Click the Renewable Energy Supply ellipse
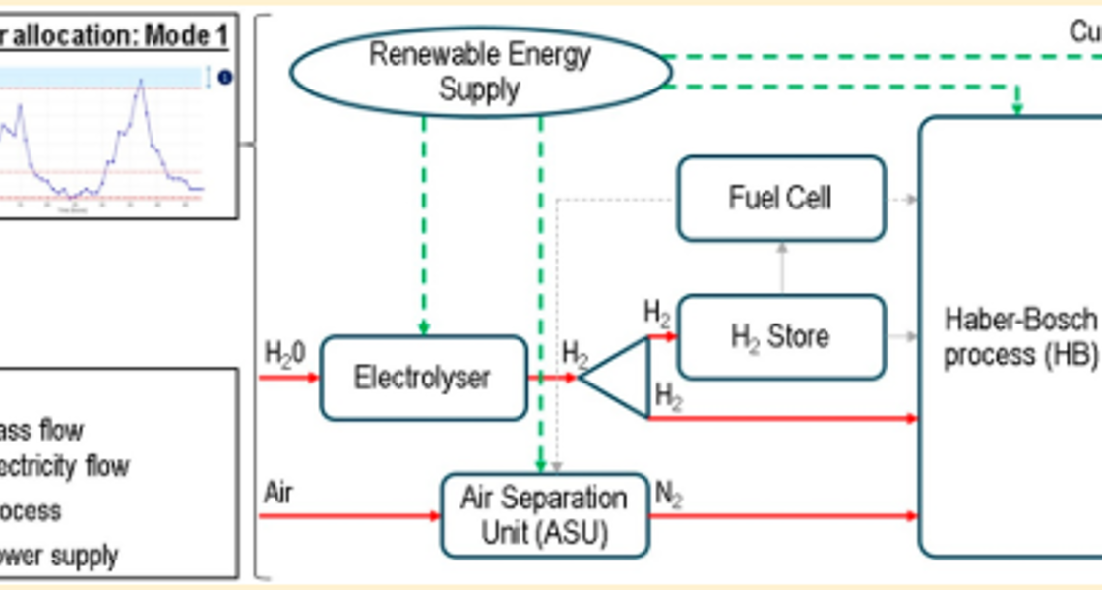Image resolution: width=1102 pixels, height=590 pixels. (480, 72)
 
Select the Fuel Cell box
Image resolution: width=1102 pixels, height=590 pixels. (781, 198)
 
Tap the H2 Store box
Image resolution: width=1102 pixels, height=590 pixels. (781, 336)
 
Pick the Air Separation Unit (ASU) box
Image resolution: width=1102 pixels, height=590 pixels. (545, 515)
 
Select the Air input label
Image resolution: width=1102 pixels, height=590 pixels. (277, 492)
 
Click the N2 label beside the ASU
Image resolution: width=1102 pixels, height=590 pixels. (669, 495)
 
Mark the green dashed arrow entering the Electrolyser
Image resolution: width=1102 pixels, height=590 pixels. (424, 226)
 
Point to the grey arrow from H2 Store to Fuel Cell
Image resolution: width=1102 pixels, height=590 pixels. (782, 267)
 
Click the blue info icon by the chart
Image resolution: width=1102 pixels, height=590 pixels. (225, 77)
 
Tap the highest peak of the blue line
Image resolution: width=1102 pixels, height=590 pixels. (142, 82)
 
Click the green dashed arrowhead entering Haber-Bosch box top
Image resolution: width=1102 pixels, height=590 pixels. (1017, 106)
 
